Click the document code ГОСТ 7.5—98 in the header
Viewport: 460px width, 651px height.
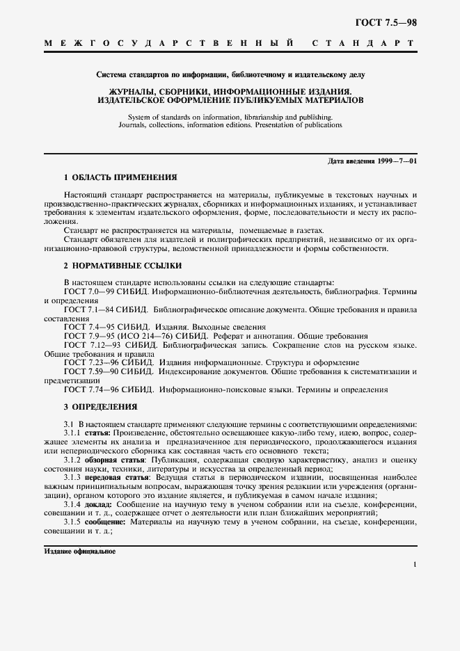(387, 22)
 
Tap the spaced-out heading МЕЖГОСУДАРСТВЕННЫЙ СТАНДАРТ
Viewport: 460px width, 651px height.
(230, 43)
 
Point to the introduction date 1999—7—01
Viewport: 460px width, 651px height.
(391, 161)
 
